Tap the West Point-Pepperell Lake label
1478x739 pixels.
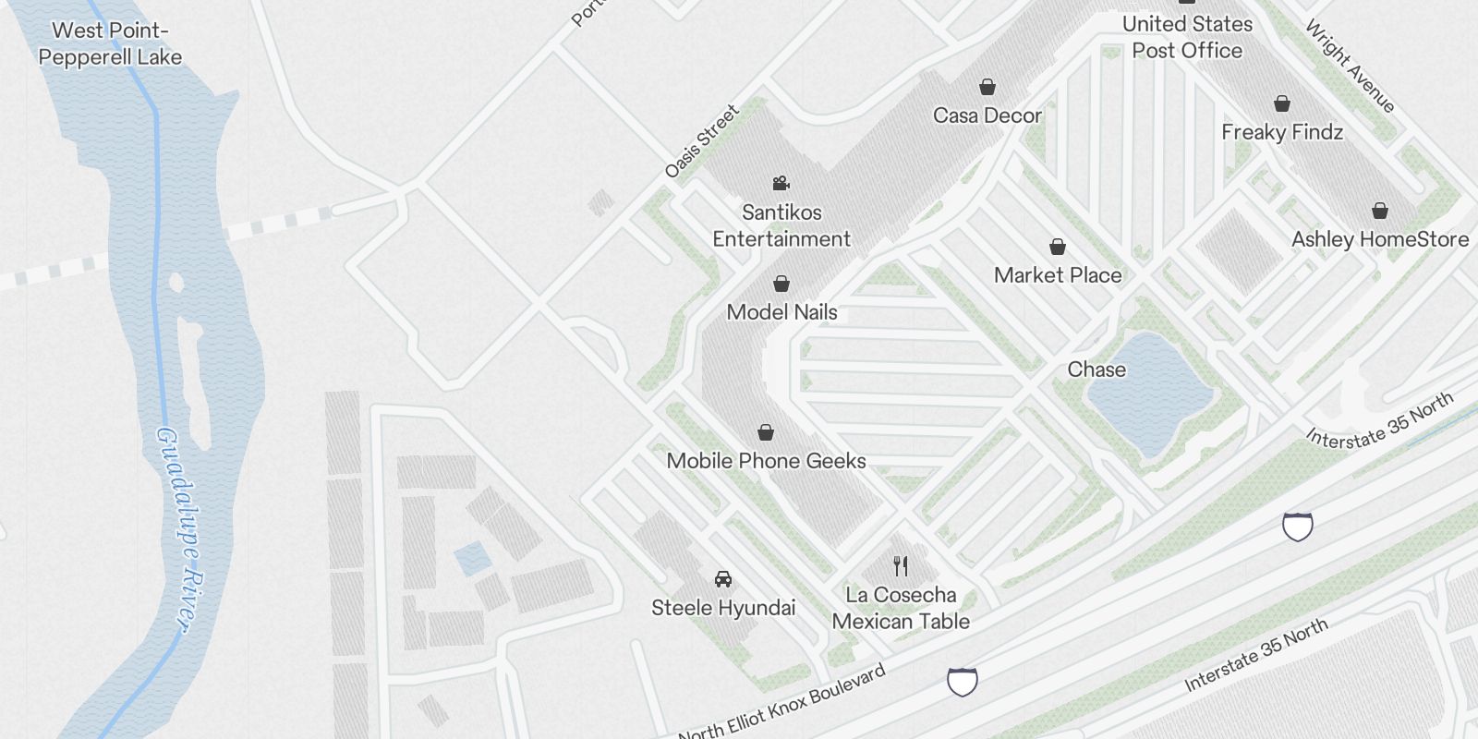110,43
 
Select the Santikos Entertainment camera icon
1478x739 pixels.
781,183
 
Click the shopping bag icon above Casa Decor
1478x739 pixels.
987,87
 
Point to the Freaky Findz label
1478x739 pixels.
1282,132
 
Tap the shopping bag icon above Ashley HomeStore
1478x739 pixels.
1380,211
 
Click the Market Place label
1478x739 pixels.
1058,275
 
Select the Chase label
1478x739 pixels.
1096,369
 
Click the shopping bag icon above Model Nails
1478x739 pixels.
781,283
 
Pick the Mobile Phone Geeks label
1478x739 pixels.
767,461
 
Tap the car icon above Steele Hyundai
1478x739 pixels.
723,579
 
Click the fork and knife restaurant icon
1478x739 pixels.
901,566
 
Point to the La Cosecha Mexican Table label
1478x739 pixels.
901,608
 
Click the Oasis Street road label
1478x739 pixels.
702,140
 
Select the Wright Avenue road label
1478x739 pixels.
1350,67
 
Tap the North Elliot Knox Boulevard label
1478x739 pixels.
781,704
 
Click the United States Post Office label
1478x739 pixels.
1187,37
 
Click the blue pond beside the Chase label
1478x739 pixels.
1151,393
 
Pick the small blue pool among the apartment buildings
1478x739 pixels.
472,558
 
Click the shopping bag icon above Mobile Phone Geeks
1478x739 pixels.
766,432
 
